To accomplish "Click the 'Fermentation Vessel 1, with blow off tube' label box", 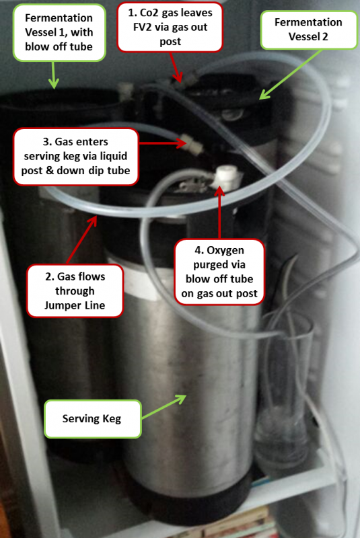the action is (x=59, y=32).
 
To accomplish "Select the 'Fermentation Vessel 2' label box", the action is (x=308, y=30).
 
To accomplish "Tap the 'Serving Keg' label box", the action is (x=92, y=418).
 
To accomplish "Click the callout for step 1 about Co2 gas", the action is (x=170, y=27).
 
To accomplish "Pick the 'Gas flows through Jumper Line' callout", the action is (x=75, y=291).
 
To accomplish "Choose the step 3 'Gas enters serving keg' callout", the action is (x=75, y=157).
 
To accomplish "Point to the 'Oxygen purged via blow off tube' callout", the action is (x=219, y=272).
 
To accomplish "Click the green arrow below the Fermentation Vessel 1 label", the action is (x=54, y=75).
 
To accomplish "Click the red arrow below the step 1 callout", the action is (x=176, y=67).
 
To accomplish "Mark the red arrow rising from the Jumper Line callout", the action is (x=81, y=240).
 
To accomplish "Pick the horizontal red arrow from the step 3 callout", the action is (x=162, y=143).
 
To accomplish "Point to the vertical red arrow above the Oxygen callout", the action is (x=219, y=213).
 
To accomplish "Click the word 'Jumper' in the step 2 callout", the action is (x=59, y=305).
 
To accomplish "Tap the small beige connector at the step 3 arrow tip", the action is (x=193, y=143).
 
